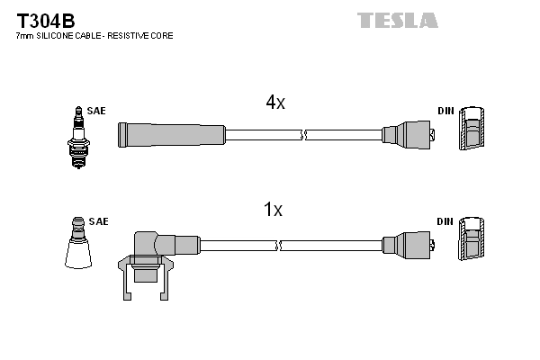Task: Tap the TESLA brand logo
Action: (x=396, y=20)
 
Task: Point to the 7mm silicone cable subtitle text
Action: (x=94, y=36)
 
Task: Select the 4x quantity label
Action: (x=274, y=103)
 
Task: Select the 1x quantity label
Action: (x=273, y=211)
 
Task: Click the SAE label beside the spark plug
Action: (x=97, y=111)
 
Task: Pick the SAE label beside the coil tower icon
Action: (x=98, y=220)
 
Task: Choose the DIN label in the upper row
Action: (x=445, y=111)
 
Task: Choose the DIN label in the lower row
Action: (x=445, y=220)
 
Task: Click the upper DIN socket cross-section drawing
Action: (x=472, y=130)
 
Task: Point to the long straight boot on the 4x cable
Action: (x=171, y=135)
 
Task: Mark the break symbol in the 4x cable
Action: (x=304, y=135)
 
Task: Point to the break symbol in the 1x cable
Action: (x=279, y=245)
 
